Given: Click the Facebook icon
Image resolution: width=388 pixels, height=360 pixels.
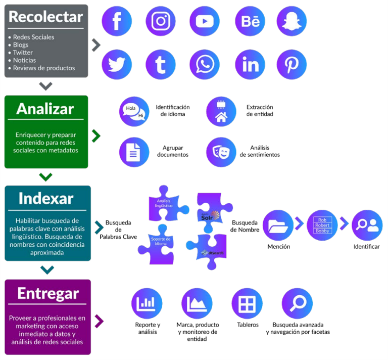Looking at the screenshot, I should (117, 21).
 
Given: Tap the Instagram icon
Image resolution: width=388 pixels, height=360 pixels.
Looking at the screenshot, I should (161, 21).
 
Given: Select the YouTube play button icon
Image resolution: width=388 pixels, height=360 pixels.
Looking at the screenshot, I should (205, 21).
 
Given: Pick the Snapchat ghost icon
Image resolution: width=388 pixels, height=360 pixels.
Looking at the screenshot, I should (292, 21).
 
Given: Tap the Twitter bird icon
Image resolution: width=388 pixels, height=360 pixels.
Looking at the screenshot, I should (117, 65).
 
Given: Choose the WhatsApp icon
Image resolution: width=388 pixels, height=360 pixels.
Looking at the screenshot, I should (205, 65).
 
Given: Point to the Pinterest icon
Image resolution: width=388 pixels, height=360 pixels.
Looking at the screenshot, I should (292, 65).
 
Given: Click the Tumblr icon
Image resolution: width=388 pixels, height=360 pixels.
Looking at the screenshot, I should (161, 65).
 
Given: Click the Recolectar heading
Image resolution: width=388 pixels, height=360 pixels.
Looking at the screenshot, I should (45, 17).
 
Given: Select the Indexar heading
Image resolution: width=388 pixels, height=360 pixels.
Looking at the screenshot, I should (46, 198).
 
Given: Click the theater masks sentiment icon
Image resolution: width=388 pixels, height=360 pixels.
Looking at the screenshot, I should (221, 151).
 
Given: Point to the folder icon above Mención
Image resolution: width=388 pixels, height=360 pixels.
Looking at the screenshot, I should (278, 224).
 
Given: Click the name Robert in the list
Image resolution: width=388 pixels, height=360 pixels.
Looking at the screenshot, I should (322, 225).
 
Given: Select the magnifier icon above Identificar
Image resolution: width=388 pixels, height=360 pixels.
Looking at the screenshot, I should (366, 224).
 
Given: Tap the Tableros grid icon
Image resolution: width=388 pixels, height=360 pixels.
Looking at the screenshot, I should (247, 303).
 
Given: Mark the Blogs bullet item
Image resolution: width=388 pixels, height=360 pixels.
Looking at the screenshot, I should (21, 44).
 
